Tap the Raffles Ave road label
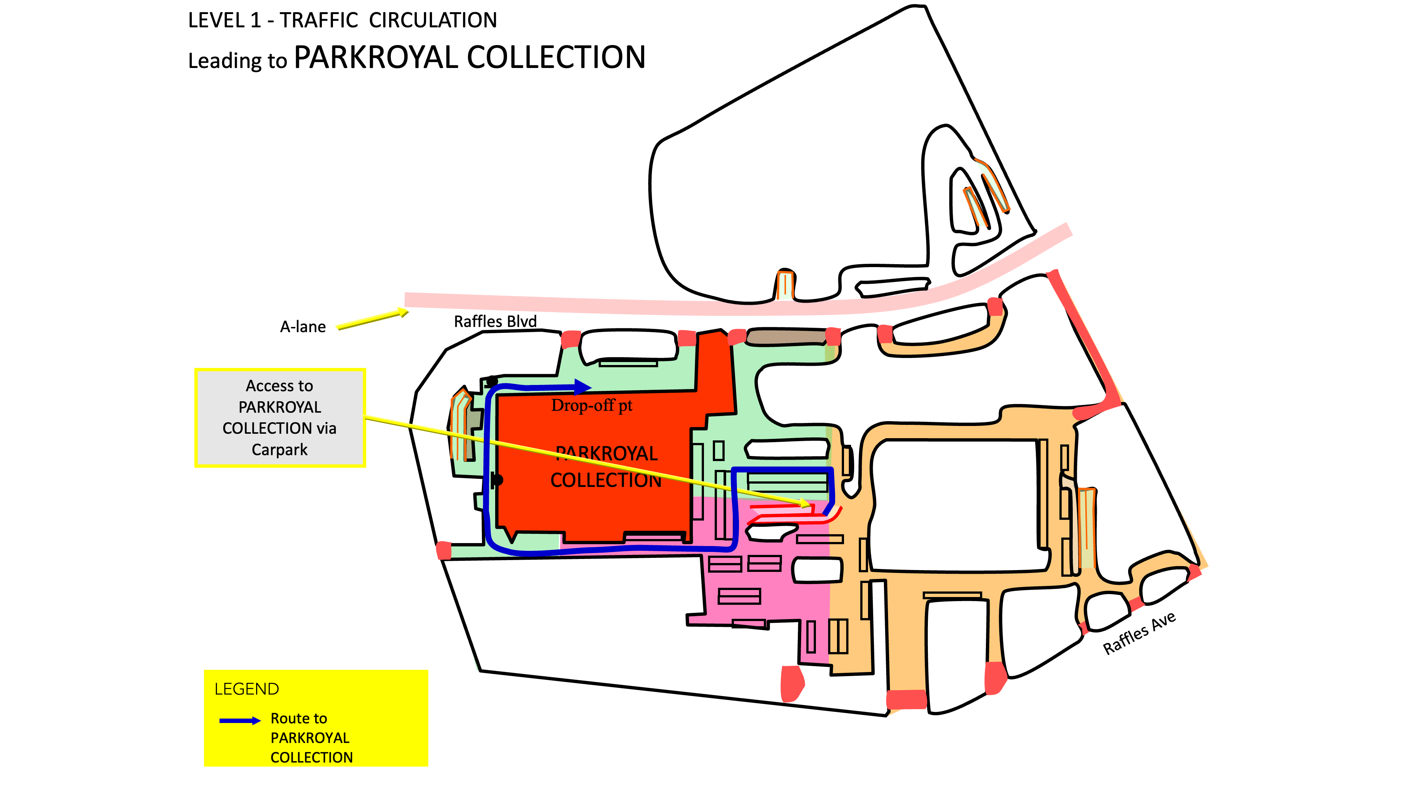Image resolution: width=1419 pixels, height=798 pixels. [1139, 633]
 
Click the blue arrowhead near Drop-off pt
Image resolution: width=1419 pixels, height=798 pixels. [582, 386]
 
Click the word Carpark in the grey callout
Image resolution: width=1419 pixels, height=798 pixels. [279, 450]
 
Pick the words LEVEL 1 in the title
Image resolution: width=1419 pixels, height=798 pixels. [225, 20]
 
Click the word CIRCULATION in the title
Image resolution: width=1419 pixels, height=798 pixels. [433, 20]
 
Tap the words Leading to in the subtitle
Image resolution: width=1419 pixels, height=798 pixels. [237, 60]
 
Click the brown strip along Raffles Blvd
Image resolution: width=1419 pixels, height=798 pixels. [786, 337]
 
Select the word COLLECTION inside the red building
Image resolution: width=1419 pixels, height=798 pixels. [606, 480]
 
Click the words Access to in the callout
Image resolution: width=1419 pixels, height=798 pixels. [279, 386]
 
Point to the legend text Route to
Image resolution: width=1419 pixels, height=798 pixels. [299, 719]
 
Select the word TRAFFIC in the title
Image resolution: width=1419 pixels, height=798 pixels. [319, 20]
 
